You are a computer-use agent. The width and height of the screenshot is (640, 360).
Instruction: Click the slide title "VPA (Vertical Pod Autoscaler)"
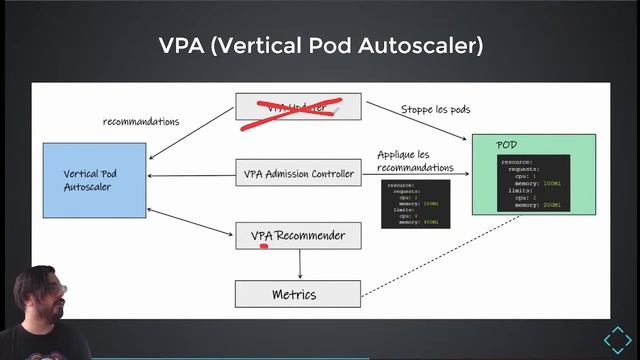coord(320,46)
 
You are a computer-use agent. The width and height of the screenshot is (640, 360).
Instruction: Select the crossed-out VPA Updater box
coord(290,111)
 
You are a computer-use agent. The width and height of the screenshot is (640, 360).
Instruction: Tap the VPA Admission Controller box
coord(298,174)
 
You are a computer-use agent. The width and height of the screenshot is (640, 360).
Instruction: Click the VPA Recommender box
coord(298,236)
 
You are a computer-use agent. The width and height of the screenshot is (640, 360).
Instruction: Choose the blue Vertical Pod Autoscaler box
coord(94,180)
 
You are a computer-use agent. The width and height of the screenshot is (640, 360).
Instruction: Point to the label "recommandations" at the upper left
coord(141,122)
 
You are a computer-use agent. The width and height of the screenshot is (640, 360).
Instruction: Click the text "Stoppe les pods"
coord(435,109)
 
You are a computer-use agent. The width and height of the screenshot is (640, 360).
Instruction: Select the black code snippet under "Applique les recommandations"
coord(415,203)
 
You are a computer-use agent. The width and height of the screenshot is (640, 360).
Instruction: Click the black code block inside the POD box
coord(533,182)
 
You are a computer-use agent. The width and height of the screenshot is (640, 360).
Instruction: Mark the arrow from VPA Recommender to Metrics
coord(300,264)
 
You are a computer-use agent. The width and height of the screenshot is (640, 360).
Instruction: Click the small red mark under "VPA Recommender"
coord(264,244)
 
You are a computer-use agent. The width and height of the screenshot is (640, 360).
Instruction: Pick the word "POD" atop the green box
coord(507,146)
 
